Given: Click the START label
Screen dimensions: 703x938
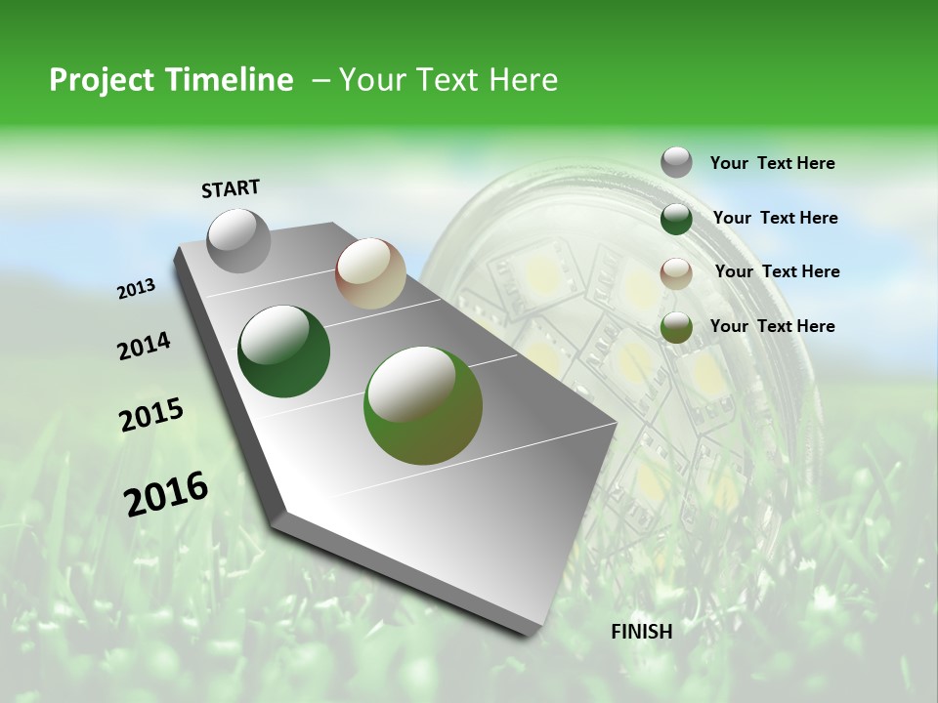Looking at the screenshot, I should pos(231,188).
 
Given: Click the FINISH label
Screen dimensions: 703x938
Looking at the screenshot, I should pos(641,632).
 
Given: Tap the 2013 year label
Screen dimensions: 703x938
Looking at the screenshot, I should pos(136,289).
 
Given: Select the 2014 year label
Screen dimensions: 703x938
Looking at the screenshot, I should pos(144,347).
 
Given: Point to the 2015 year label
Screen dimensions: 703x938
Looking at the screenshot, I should pos(151,414).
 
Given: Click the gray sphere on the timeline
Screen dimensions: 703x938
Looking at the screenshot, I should pos(238,240).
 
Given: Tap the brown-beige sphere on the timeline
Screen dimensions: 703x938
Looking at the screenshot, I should pos(370,273).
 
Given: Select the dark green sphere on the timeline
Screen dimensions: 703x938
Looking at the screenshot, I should pos(284,351).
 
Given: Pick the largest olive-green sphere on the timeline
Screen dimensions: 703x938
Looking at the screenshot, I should pos(423,405).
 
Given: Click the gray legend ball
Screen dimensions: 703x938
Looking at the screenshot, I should pos(676,163).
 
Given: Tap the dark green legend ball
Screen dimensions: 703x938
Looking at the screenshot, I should pos(676,219).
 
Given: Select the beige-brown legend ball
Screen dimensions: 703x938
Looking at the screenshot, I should pos(676,273).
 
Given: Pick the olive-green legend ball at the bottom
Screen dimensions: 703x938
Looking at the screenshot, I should pos(676,327).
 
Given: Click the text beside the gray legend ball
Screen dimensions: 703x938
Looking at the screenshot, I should pos(772,164).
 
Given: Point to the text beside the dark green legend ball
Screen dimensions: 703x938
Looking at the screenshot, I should pos(775,218).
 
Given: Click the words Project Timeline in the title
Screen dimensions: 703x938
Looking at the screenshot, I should pos(171,80).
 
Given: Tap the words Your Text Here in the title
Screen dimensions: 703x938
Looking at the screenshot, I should pos(448,80).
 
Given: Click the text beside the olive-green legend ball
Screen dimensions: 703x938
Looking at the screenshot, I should pos(772,326).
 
